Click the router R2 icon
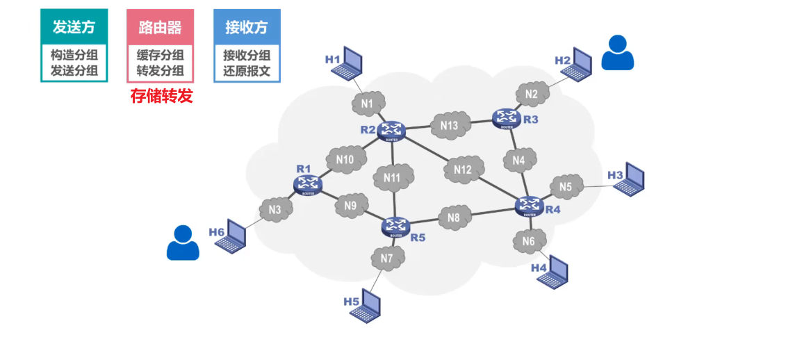tap(391, 131)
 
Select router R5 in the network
tap(396, 226)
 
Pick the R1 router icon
tap(307, 184)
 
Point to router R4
tap(530, 205)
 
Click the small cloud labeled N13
tap(449, 126)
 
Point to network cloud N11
tap(393, 178)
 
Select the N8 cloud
tap(454, 218)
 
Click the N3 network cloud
tap(275, 209)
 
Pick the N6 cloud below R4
tap(529, 242)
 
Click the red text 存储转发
tap(161, 96)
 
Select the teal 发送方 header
tap(74, 27)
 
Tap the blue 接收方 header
tap(247, 27)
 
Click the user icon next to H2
tap(617, 53)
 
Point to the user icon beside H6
tap(183, 243)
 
